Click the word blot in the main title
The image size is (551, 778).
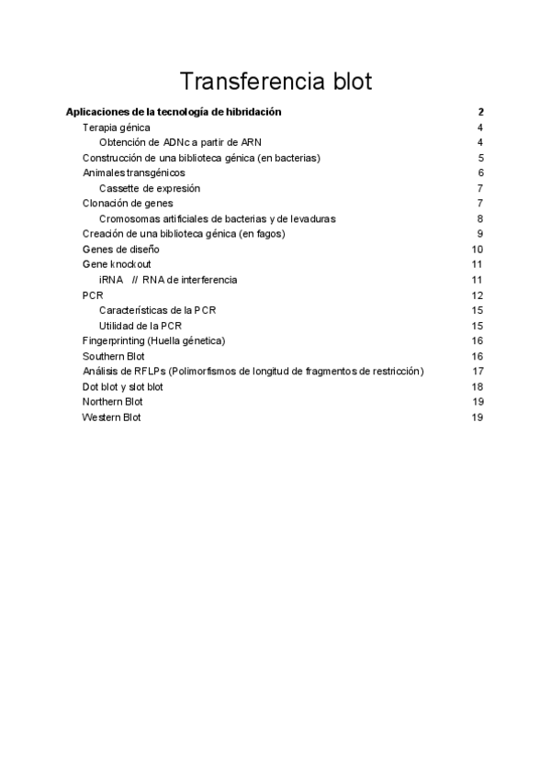(348, 81)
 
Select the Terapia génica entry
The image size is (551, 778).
(116, 128)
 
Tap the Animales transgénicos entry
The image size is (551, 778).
(133, 172)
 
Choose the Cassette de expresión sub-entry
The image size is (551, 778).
(150, 188)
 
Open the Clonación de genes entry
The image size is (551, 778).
(128, 203)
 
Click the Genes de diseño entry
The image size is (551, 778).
(120, 249)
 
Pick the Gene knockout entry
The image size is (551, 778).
(117, 264)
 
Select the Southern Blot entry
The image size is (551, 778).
(113, 356)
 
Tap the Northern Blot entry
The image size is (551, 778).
(113, 402)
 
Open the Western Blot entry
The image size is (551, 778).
(112, 417)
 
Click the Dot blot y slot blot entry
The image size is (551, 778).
(123, 386)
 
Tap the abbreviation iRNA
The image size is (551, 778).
(111, 280)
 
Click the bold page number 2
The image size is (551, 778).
(480, 112)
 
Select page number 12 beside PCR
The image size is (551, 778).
(478, 295)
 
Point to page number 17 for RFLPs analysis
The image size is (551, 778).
(478, 372)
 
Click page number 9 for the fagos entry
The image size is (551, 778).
(480, 234)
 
